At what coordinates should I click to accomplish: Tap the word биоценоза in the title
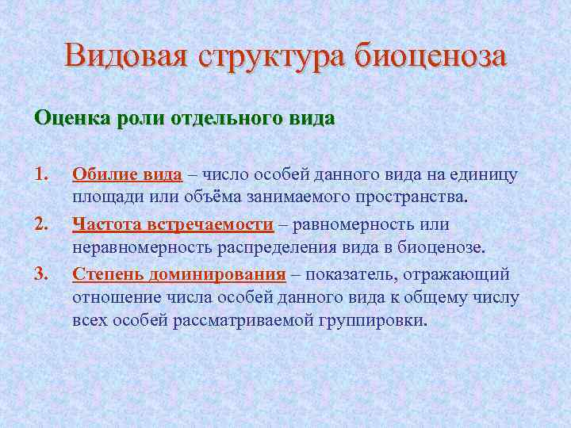tap(431, 57)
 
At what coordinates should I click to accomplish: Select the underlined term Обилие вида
tap(127, 175)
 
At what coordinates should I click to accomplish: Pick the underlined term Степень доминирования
tap(179, 275)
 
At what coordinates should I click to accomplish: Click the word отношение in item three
tap(115, 299)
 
